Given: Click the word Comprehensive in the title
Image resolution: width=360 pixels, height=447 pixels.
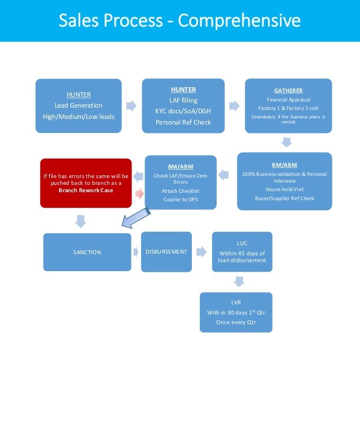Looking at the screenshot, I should coord(239,21).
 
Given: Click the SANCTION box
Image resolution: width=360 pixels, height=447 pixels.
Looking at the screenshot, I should coord(87,252).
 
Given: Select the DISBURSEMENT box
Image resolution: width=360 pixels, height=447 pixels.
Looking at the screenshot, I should coord(166,251).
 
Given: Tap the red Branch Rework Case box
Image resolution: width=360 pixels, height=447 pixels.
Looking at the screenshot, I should coord(86,183).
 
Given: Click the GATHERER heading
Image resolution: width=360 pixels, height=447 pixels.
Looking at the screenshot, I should coord(288,90).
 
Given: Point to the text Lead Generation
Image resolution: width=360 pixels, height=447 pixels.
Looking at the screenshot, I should coord(78,105).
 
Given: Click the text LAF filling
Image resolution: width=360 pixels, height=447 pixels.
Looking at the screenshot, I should coord(183,100).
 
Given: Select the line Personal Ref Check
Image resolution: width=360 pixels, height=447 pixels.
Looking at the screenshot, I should coord(183,122).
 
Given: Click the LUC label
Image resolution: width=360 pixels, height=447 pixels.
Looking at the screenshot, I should coord(242,243).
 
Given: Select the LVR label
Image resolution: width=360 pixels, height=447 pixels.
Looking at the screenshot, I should coord(236,303).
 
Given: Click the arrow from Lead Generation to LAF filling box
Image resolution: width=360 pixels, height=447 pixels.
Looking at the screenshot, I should coord(131,105).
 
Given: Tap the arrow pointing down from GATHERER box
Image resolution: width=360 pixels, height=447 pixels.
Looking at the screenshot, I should coord(286,142).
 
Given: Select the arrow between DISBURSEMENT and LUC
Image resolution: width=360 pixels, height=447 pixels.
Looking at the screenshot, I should coord(200,251).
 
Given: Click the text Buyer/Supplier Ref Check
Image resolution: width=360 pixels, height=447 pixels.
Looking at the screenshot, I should coord(285,198).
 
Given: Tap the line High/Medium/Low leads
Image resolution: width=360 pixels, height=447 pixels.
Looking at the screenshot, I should coord(78,117).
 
